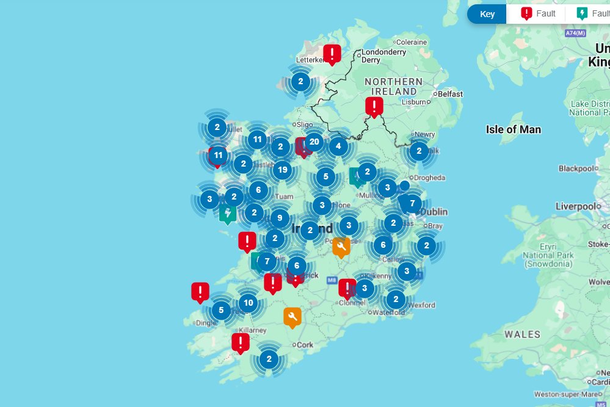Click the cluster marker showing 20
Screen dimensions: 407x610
(314, 142)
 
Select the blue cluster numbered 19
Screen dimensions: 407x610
(281, 170)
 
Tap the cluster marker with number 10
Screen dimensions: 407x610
(247, 302)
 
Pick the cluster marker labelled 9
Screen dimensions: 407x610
(280, 217)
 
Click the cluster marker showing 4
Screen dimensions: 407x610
(338, 146)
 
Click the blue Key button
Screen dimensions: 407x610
(487, 14)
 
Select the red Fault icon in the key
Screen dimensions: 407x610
(526, 13)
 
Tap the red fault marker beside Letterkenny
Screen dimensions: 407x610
(332, 54)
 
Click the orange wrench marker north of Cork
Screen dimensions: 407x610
(292, 317)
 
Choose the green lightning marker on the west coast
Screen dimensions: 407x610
(228, 214)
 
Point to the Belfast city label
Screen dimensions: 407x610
(450, 94)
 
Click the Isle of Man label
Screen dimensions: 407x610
(513, 129)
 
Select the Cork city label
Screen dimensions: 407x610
(305, 345)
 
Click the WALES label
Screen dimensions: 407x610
(522, 334)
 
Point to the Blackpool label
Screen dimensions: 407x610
(576, 168)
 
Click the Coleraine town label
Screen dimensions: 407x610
(412, 42)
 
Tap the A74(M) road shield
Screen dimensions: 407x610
(575, 33)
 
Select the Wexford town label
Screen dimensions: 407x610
(421, 305)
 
